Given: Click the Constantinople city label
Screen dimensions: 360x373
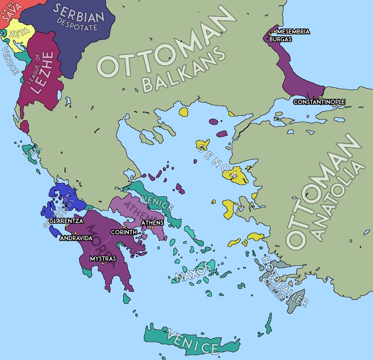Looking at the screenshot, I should [319, 102].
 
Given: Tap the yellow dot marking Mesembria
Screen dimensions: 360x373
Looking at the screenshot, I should [275, 32].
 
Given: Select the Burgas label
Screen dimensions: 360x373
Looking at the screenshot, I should [280, 39].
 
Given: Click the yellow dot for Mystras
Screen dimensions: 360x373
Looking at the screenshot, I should [102, 264].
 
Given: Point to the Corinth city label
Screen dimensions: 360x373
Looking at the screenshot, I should [124, 232].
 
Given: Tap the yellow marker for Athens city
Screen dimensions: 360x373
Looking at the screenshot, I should [153, 227].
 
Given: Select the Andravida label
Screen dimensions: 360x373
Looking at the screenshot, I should [76, 238].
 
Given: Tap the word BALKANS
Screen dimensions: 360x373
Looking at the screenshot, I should [183, 70].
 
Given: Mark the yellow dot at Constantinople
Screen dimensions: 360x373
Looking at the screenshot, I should [320, 97].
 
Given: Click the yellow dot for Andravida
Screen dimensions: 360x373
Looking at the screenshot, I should [75, 233].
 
